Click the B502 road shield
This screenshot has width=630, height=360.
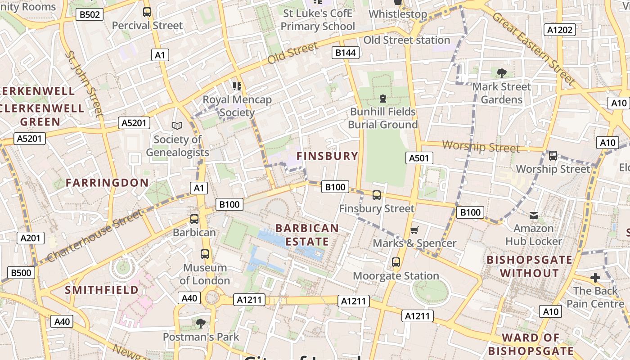coord(89,14)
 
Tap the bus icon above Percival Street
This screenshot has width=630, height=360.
coord(147,12)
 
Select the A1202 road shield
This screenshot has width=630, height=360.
coord(560,30)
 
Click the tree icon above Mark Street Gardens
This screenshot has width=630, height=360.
coord(501,73)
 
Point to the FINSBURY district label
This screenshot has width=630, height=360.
coord(328,156)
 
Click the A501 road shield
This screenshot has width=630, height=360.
coord(419,157)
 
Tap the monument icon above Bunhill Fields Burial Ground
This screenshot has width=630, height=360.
coord(383,98)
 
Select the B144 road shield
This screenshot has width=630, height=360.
coord(346,53)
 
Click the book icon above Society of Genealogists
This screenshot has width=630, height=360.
coord(177,126)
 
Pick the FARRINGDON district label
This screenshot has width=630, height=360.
coord(107,182)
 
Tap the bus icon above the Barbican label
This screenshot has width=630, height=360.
coord(194,219)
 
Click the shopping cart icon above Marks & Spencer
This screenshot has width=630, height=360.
coord(414,230)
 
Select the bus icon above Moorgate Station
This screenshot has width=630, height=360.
coord(396,262)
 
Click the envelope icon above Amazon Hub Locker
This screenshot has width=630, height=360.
coord(534,216)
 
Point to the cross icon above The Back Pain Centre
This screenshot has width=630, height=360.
coord(595,278)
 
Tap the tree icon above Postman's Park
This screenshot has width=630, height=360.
coord(201,323)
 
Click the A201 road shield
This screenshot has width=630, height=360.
coord(31,238)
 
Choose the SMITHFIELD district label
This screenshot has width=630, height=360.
coord(102,289)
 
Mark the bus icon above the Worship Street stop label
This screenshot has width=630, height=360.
coord(553,156)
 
